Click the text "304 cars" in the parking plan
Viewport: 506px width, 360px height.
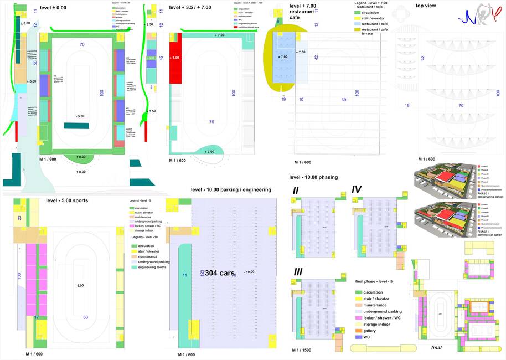pos(220,273)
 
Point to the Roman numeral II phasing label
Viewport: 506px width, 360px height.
pos(296,191)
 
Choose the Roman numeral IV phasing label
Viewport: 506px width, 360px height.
pos(357,190)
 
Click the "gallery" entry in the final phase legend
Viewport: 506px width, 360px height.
pos(370,330)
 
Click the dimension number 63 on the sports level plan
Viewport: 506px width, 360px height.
pos(86,317)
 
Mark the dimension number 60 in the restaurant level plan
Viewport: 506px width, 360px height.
pos(343,100)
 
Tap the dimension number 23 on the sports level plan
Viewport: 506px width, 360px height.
pos(20,218)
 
